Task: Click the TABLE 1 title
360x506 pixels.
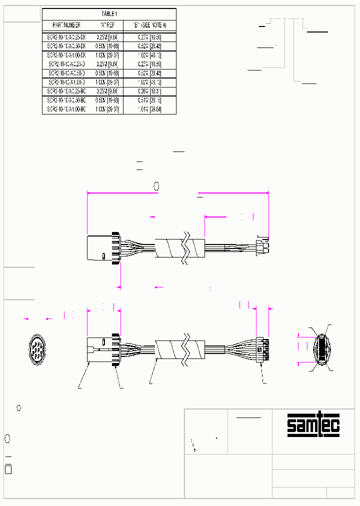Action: coord(109,14)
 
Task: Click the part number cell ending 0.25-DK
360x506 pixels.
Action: coord(66,36)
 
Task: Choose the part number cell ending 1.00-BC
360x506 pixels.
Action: coord(66,109)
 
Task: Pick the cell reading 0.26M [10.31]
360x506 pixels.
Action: coord(149,91)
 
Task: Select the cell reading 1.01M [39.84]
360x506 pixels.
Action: coord(149,109)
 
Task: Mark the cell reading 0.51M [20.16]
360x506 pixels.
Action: coord(149,100)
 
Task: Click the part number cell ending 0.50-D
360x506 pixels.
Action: coord(66,73)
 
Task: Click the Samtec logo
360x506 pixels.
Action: coord(313,425)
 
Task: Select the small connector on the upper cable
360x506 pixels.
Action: coord(262,245)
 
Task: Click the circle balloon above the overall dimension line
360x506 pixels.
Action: coord(156,186)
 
